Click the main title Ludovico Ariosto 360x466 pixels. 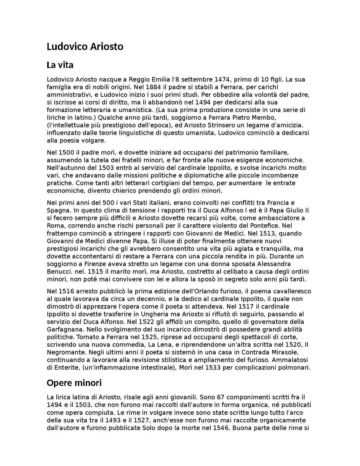point(85,46)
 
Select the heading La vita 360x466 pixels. point(60,65)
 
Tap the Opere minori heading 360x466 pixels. point(74,382)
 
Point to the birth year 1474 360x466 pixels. point(222,79)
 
